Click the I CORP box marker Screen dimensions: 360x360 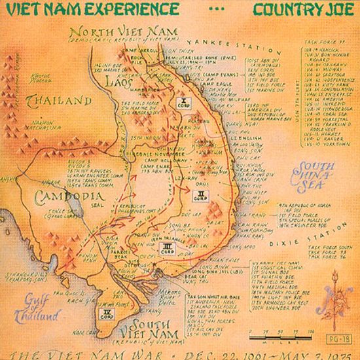click(x=185, y=102)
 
